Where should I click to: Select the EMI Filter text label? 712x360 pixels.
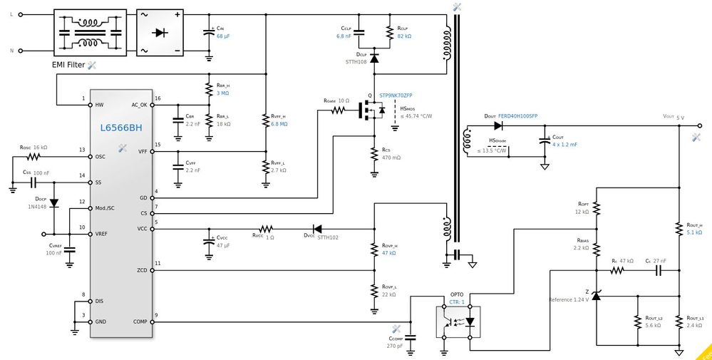pyautogui.click(x=68, y=65)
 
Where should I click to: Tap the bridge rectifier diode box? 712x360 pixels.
pyautogui.click(x=161, y=32)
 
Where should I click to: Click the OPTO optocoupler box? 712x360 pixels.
pyautogui.click(x=457, y=322)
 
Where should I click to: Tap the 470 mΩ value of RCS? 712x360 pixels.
pyautogui.click(x=391, y=158)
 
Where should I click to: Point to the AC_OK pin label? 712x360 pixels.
pyautogui.click(x=139, y=104)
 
